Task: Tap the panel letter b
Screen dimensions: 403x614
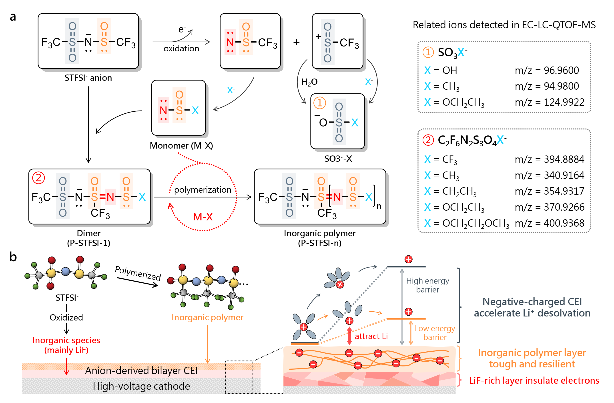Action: tap(13, 257)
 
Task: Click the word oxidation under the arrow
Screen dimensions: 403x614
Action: tap(181, 48)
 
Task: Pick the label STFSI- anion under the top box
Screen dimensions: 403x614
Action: tap(88, 78)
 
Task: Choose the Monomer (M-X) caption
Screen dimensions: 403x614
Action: tap(181, 146)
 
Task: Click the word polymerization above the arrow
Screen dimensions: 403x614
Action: tap(203, 190)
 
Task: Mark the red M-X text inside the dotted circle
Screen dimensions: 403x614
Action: tap(203, 217)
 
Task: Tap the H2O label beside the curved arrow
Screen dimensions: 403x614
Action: tap(309, 82)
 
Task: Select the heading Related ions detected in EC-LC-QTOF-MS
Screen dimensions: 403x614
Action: tap(504, 25)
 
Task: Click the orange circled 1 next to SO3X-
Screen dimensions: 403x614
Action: tap(428, 52)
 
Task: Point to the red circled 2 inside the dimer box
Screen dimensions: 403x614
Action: tap(38, 178)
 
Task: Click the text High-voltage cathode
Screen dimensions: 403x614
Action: tap(141, 386)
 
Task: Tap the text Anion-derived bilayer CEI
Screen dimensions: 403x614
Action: tap(141, 371)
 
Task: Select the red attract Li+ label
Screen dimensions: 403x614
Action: tap(373, 336)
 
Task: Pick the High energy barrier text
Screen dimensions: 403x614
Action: tap(427, 285)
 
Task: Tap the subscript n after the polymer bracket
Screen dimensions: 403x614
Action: tap(379, 206)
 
